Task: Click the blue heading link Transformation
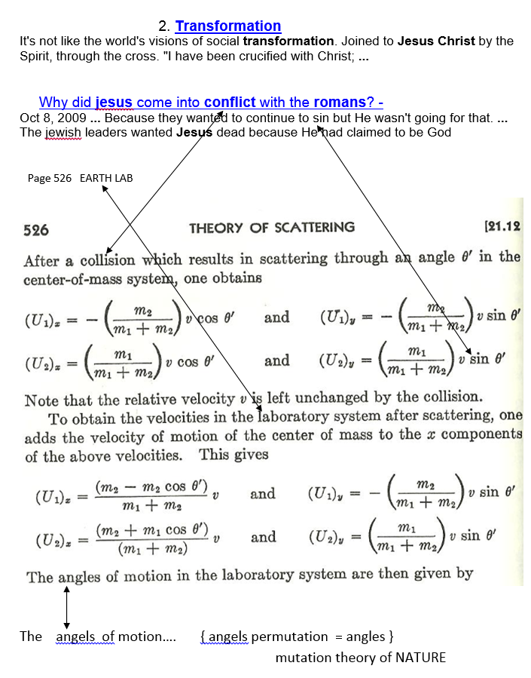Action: tap(227, 26)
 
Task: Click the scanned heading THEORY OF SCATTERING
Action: tap(271, 228)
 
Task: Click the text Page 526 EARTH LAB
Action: tap(80, 178)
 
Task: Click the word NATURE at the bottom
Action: tap(418, 658)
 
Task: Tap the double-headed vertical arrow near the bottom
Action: tap(67, 604)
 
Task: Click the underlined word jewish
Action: tap(61, 132)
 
